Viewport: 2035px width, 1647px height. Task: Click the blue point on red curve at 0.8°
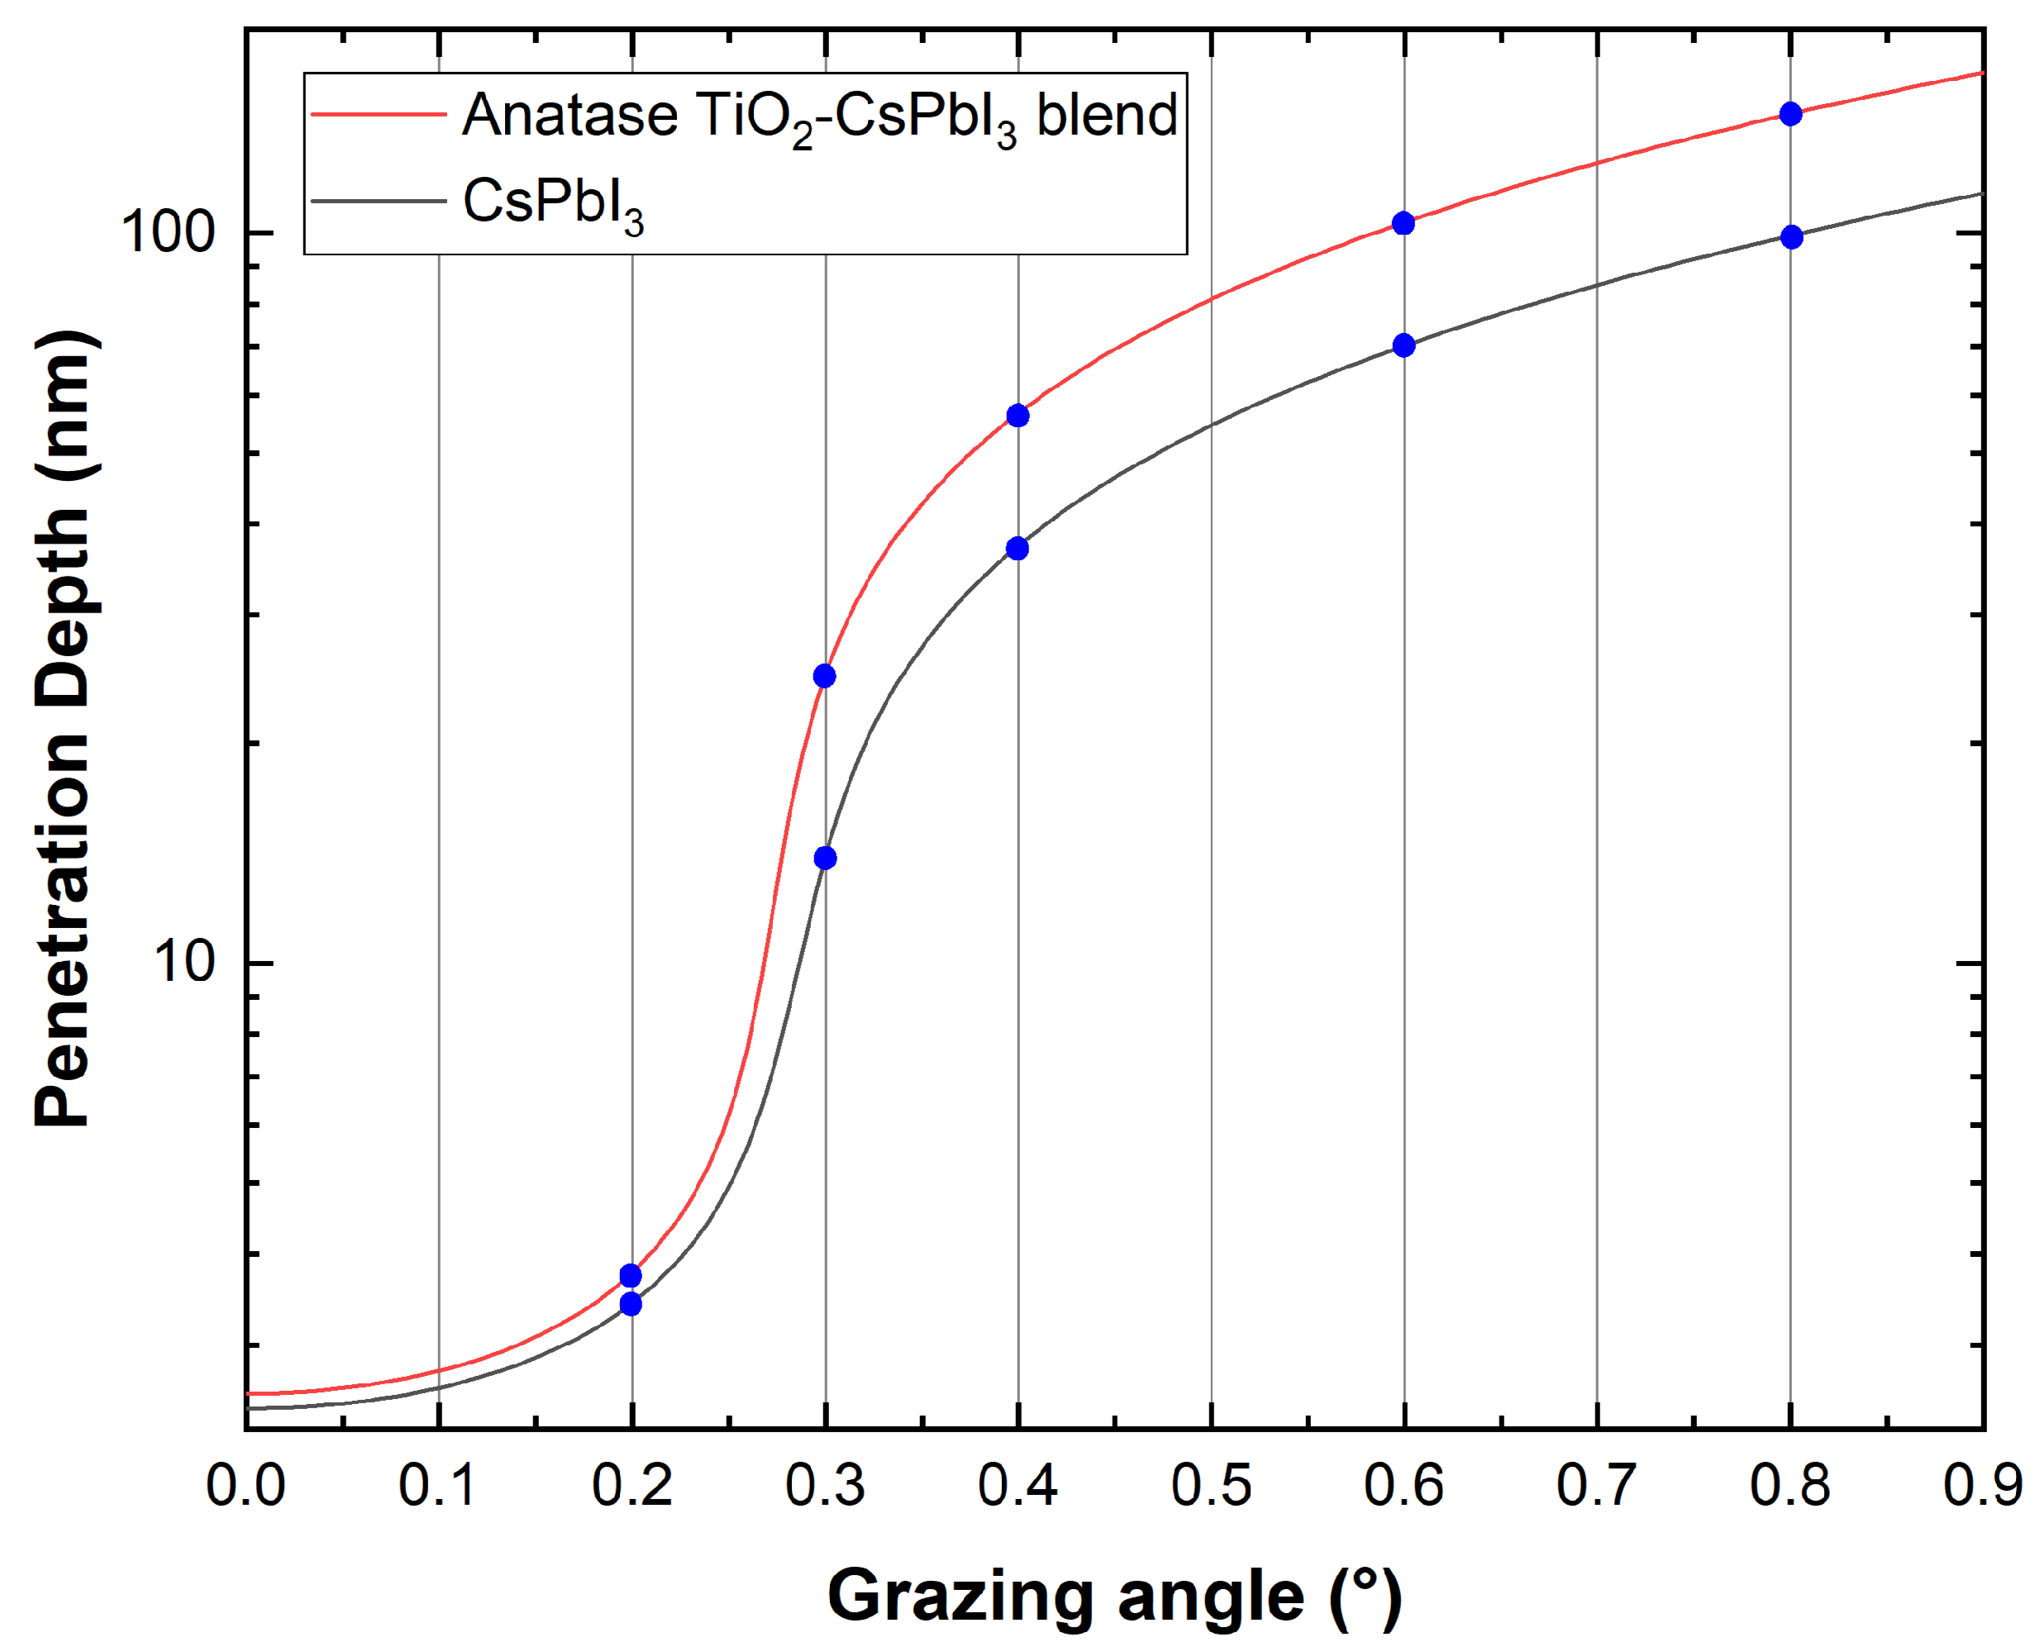point(1790,114)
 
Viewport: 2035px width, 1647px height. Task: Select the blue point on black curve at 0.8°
point(1791,237)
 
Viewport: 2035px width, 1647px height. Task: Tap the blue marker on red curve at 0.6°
point(1404,223)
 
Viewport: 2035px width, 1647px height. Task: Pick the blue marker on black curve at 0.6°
point(1404,345)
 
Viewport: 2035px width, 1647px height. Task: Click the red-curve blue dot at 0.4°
point(1017,416)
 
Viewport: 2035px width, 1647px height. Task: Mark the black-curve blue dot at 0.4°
point(1017,549)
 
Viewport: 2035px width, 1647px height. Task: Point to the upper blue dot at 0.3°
point(824,675)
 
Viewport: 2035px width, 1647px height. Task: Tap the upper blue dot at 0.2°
point(630,1275)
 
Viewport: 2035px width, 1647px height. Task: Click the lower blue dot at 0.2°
point(630,1305)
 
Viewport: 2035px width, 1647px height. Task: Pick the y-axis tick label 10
point(186,962)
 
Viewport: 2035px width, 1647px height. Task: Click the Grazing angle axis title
point(1114,1596)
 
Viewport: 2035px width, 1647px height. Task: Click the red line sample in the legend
point(379,114)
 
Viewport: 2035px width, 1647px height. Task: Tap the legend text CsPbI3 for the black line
point(552,204)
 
